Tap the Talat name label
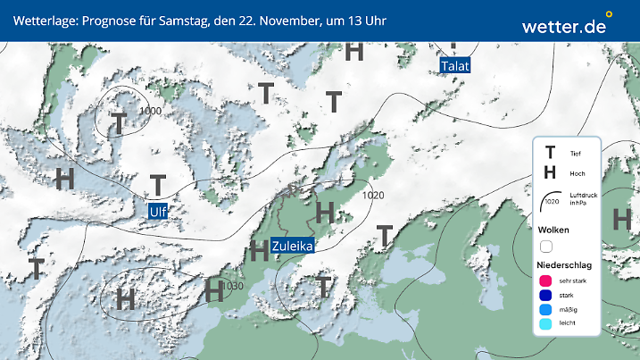click(x=455, y=66)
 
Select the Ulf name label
click(x=158, y=211)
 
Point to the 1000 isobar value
click(x=151, y=110)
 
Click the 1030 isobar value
click(x=232, y=286)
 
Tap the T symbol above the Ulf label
click(x=158, y=185)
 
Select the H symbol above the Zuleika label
click(x=325, y=212)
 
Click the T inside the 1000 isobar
click(x=118, y=123)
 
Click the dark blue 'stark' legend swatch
click(x=546, y=296)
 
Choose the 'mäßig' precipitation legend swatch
click(x=546, y=310)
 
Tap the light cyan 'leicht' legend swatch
click(x=546, y=325)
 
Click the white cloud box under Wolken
click(x=546, y=246)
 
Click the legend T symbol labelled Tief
click(x=550, y=154)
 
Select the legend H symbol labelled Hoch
click(x=550, y=172)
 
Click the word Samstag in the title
click(x=180, y=20)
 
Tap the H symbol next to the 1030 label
click(x=214, y=290)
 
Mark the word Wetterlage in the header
click(x=44, y=20)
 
